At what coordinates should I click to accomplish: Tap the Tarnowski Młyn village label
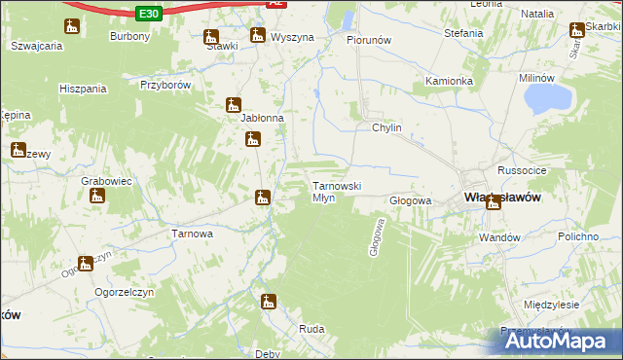(x=336, y=191)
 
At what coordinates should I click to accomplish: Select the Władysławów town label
(x=502, y=196)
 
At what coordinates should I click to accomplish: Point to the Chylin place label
(x=385, y=127)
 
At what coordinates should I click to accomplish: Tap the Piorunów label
(x=369, y=41)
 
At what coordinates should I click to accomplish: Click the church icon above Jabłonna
(x=234, y=104)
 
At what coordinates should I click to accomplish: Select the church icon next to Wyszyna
(x=257, y=36)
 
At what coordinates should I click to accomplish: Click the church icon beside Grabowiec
(x=96, y=196)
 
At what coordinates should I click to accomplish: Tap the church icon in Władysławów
(x=494, y=202)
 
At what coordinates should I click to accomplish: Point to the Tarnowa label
(x=192, y=234)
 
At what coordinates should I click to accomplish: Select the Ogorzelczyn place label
(x=120, y=291)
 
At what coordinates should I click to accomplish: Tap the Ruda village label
(x=311, y=329)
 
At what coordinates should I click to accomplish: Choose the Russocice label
(x=519, y=169)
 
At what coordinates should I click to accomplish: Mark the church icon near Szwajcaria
(x=71, y=26)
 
